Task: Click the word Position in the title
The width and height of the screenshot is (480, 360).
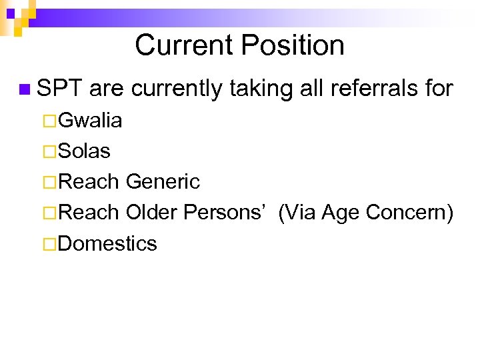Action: tap(293, 46)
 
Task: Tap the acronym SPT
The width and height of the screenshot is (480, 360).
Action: tap(59, 87)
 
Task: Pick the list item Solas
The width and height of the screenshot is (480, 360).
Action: tap(85, 151)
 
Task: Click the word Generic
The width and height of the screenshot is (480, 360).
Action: tap(163, 181)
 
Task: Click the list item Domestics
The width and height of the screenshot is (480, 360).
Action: tap(107, 243)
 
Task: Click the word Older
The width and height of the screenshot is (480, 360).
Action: tap(151, 213)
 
